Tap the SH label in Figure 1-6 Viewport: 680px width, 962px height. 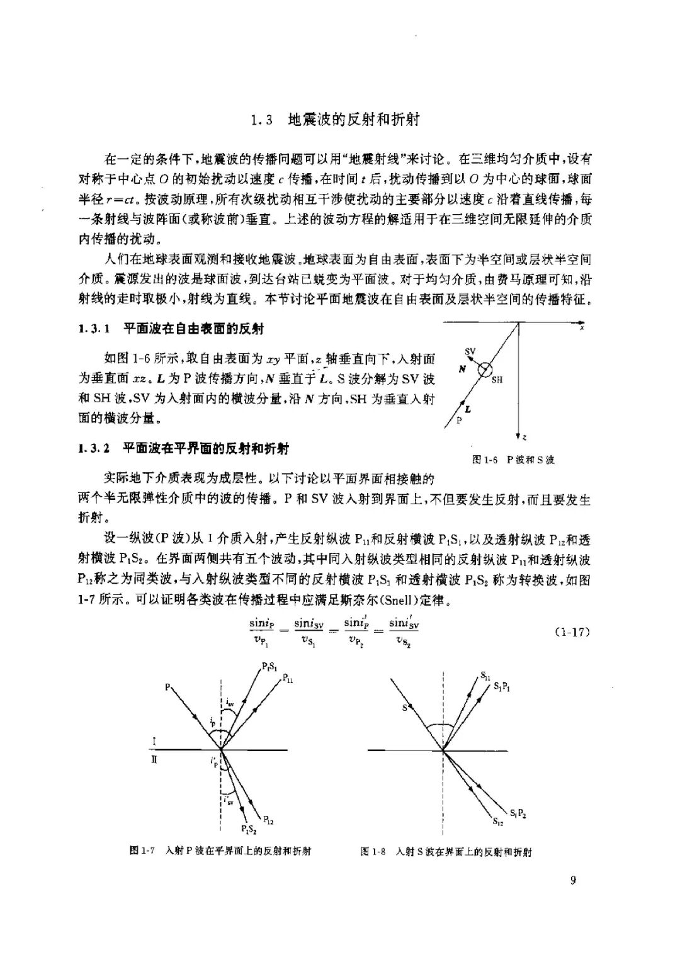click(497, 380)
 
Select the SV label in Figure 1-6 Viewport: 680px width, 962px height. click(470, 351)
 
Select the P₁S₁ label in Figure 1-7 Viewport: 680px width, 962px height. click(268, 666)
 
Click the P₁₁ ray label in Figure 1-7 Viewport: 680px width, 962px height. click(286, 678)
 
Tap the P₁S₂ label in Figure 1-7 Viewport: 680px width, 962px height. click(249, 829)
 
